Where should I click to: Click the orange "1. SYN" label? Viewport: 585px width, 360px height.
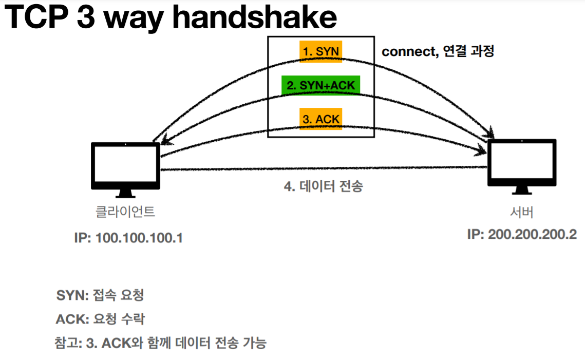(x=321, y=51)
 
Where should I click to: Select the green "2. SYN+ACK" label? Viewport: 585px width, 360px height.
(x=320, y=85)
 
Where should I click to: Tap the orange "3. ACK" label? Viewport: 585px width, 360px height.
(x=321, y=119)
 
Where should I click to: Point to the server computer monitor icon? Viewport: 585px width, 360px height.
(x=521, y=162)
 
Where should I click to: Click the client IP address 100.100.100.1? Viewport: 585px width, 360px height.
(x=128, y=238)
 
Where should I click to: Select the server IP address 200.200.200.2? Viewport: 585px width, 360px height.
(x=521, y=234)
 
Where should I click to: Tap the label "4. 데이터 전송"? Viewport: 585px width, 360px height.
(x=323, y=186)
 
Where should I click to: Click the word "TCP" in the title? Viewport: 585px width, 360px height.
(x=36, y=17)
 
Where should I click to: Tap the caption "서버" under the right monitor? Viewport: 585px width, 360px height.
(x=521, y=213)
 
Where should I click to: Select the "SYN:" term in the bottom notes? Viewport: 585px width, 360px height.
(x=72, y=296)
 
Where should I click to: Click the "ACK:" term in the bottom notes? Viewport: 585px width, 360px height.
(x=73, y=319)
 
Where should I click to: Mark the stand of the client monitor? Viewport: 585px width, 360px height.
(x=125, y=193)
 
